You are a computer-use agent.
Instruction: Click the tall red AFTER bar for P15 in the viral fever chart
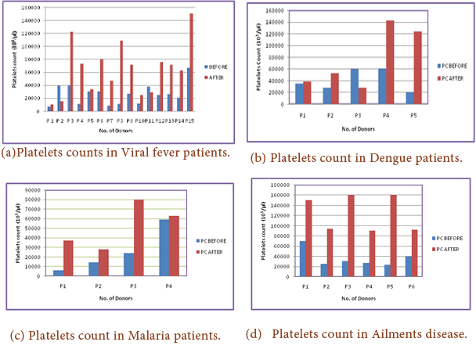click(190, 63)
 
